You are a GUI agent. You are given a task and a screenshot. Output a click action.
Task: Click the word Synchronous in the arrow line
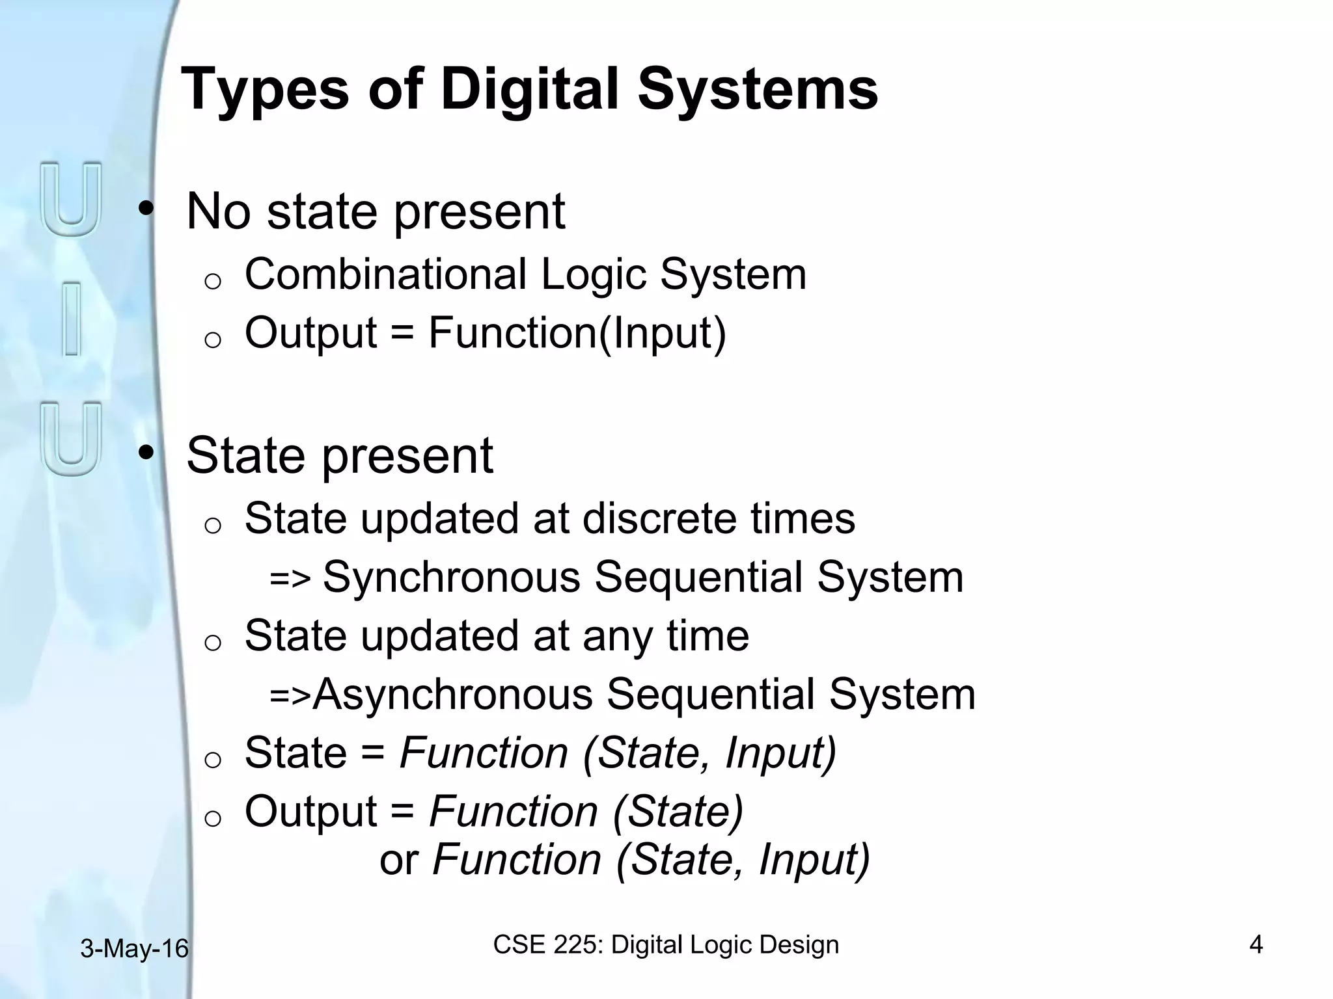coord(451,577)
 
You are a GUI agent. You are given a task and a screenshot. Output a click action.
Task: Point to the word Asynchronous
coord(452,694)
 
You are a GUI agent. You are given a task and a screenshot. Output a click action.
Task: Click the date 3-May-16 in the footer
coord(134,949)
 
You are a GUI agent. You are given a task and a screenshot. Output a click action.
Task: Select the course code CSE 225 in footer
coord(548,944)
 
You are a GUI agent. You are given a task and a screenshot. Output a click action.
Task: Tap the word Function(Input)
coord(577,332)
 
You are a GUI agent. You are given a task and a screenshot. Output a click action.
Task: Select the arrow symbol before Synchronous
coord(290,578)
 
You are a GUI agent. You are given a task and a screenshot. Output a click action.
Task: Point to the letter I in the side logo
coord(72,318)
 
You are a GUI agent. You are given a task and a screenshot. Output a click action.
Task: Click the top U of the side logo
coord(72,199)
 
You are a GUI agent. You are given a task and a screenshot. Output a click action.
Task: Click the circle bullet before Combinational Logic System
coord(213,281)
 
